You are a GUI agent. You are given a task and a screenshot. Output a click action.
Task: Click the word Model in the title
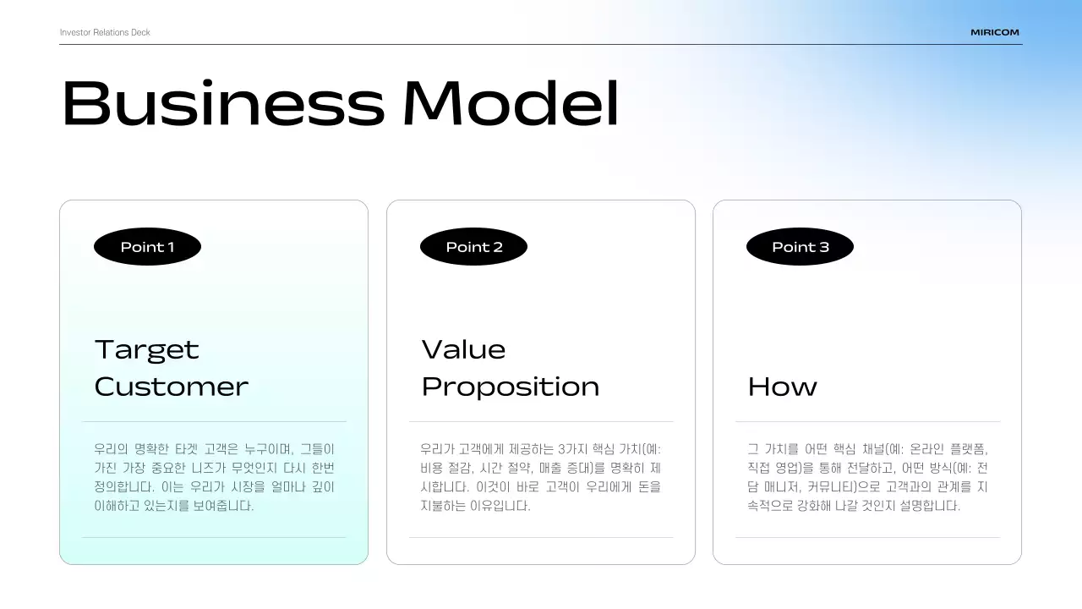(511, 103)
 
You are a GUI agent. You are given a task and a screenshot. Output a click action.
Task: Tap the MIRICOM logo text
(995, 32)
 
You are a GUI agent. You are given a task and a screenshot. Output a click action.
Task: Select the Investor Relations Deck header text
(105, 32)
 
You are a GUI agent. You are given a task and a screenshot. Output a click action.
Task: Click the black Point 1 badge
(147, 247)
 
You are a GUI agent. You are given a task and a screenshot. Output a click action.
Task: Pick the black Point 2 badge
(473, 247)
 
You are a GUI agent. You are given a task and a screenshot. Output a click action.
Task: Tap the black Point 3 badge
(800, 247)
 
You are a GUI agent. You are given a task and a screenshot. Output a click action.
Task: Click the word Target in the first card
(147, 349)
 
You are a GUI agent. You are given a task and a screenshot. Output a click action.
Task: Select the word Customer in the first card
(172, 387)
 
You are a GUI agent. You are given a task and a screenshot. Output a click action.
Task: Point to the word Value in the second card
(463, 349)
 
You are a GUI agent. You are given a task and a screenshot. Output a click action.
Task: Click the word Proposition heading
(511, 387)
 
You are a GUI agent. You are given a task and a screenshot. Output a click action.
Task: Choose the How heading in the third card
(782, 387)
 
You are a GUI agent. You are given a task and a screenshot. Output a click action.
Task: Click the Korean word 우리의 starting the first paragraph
(111, 449)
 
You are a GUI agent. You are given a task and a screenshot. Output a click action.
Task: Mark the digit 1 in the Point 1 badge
(171, 247)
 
